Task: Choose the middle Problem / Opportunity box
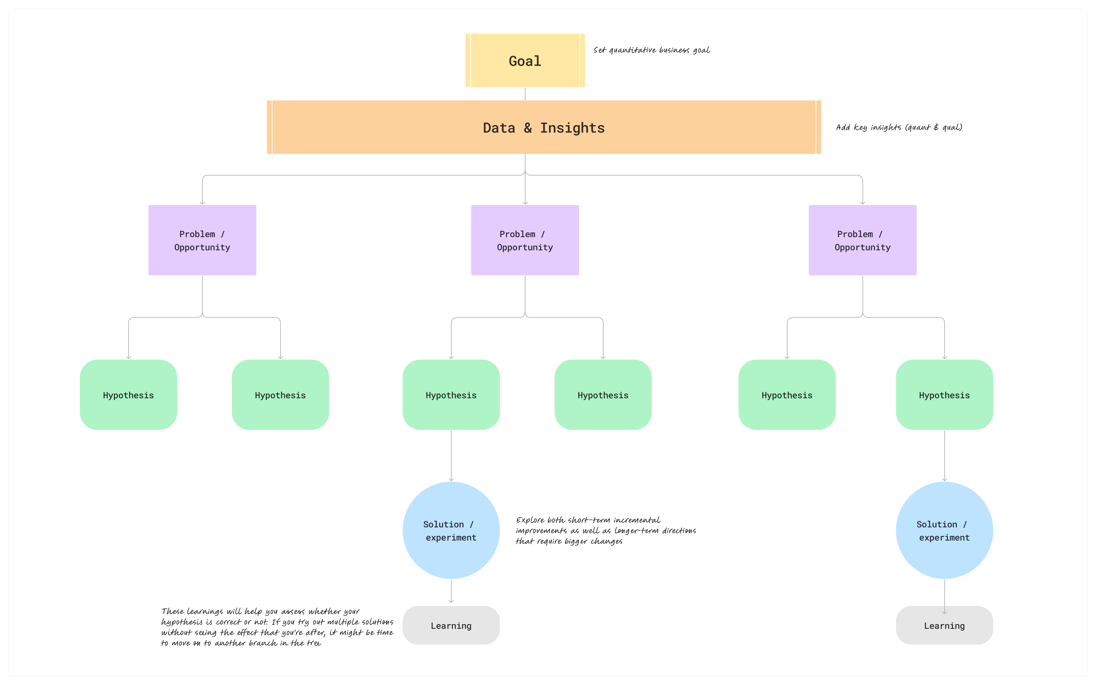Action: (525, 240)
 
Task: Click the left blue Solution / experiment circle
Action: (451, 530)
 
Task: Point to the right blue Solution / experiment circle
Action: (944, 530)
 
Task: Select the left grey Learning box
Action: (451, 625)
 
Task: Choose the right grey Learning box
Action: (944, 625)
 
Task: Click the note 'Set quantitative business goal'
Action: (652, 50)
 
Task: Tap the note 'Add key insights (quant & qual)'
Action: (899, 127)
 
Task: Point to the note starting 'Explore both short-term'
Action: (606, 531)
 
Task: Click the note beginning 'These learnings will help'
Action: (277, 627)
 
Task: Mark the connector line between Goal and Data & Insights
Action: (525, 94)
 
